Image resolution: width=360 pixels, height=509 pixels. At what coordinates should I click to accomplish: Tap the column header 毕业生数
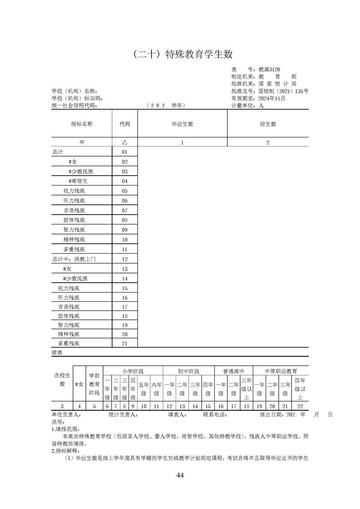(x=182, y=123)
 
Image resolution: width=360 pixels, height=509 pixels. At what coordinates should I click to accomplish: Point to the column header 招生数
(x=268, y=123)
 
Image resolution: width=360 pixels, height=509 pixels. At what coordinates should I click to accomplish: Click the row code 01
(x=125, y=152)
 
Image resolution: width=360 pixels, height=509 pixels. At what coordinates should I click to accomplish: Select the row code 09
(x=125, y=230)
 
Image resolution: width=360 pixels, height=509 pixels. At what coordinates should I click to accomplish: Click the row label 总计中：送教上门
(x=74, y=259)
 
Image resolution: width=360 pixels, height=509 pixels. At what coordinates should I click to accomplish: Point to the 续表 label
(x=58, y=352)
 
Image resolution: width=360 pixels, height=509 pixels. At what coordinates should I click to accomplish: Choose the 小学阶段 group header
(x=133, y=371)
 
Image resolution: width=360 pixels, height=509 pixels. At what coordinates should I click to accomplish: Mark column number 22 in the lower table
(x=300, y=406)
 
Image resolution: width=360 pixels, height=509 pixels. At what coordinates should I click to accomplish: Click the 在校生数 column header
(x=62, y=379)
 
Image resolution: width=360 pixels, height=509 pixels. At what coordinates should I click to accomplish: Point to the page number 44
(x=180, y=475)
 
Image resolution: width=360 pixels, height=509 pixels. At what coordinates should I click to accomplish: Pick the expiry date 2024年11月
(x=271, y=98)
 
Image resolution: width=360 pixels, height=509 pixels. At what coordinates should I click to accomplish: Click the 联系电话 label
(x=214, y=415)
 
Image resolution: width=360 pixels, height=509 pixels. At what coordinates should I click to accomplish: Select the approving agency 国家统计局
(x=277, y=84)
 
